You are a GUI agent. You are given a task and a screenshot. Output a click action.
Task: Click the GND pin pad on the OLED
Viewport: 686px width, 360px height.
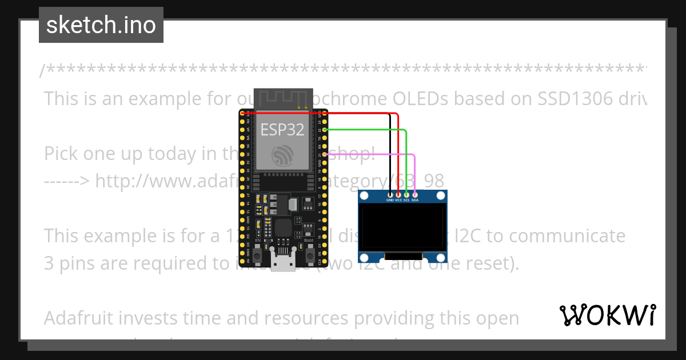(390, 195)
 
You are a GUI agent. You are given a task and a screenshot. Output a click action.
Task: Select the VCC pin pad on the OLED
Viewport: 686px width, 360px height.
(398, 195)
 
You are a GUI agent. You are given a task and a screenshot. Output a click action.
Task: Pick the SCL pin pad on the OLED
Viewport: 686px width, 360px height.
(406, 195)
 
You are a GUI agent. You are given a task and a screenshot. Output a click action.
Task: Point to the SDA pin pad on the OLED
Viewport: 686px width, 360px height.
(414, 195)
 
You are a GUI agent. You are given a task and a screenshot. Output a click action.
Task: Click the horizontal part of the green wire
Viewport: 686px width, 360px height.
(366, 130)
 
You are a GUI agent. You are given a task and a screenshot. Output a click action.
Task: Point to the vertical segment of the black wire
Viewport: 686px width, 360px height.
(390, 154)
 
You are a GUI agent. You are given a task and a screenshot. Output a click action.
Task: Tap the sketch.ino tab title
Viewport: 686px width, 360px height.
(101, 25)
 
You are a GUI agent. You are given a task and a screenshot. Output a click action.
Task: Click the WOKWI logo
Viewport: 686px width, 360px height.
(607, 315)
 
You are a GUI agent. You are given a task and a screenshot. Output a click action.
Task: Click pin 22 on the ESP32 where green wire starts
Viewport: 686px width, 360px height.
(325, 130)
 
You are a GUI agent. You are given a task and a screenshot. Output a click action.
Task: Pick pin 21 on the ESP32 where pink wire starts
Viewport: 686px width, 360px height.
(325, 154)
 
